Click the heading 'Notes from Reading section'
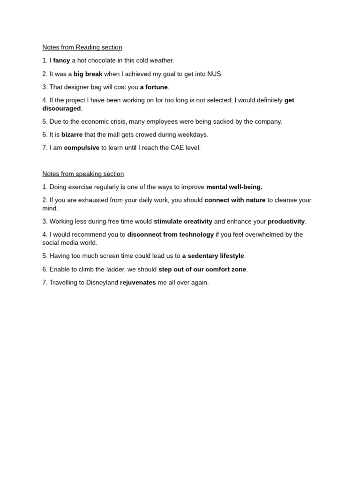(82, 47)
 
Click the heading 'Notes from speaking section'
(83, 174)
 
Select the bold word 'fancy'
(61, 60)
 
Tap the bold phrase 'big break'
(88, 74)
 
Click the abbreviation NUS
(215, 74)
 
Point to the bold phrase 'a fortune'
(154, 87)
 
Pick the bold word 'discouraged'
(61, 108)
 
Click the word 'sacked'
(212, 121)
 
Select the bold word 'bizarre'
(72, 135)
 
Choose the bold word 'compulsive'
(82, 148)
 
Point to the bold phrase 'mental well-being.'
(234, 187)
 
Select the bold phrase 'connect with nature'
(235, 200)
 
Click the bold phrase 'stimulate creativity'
(183, 221)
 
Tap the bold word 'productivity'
(286, 221)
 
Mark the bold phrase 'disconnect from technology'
(170, 234)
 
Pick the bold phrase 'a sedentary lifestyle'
(213, 256)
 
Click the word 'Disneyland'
(102, 283)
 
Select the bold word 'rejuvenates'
(138, 283)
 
